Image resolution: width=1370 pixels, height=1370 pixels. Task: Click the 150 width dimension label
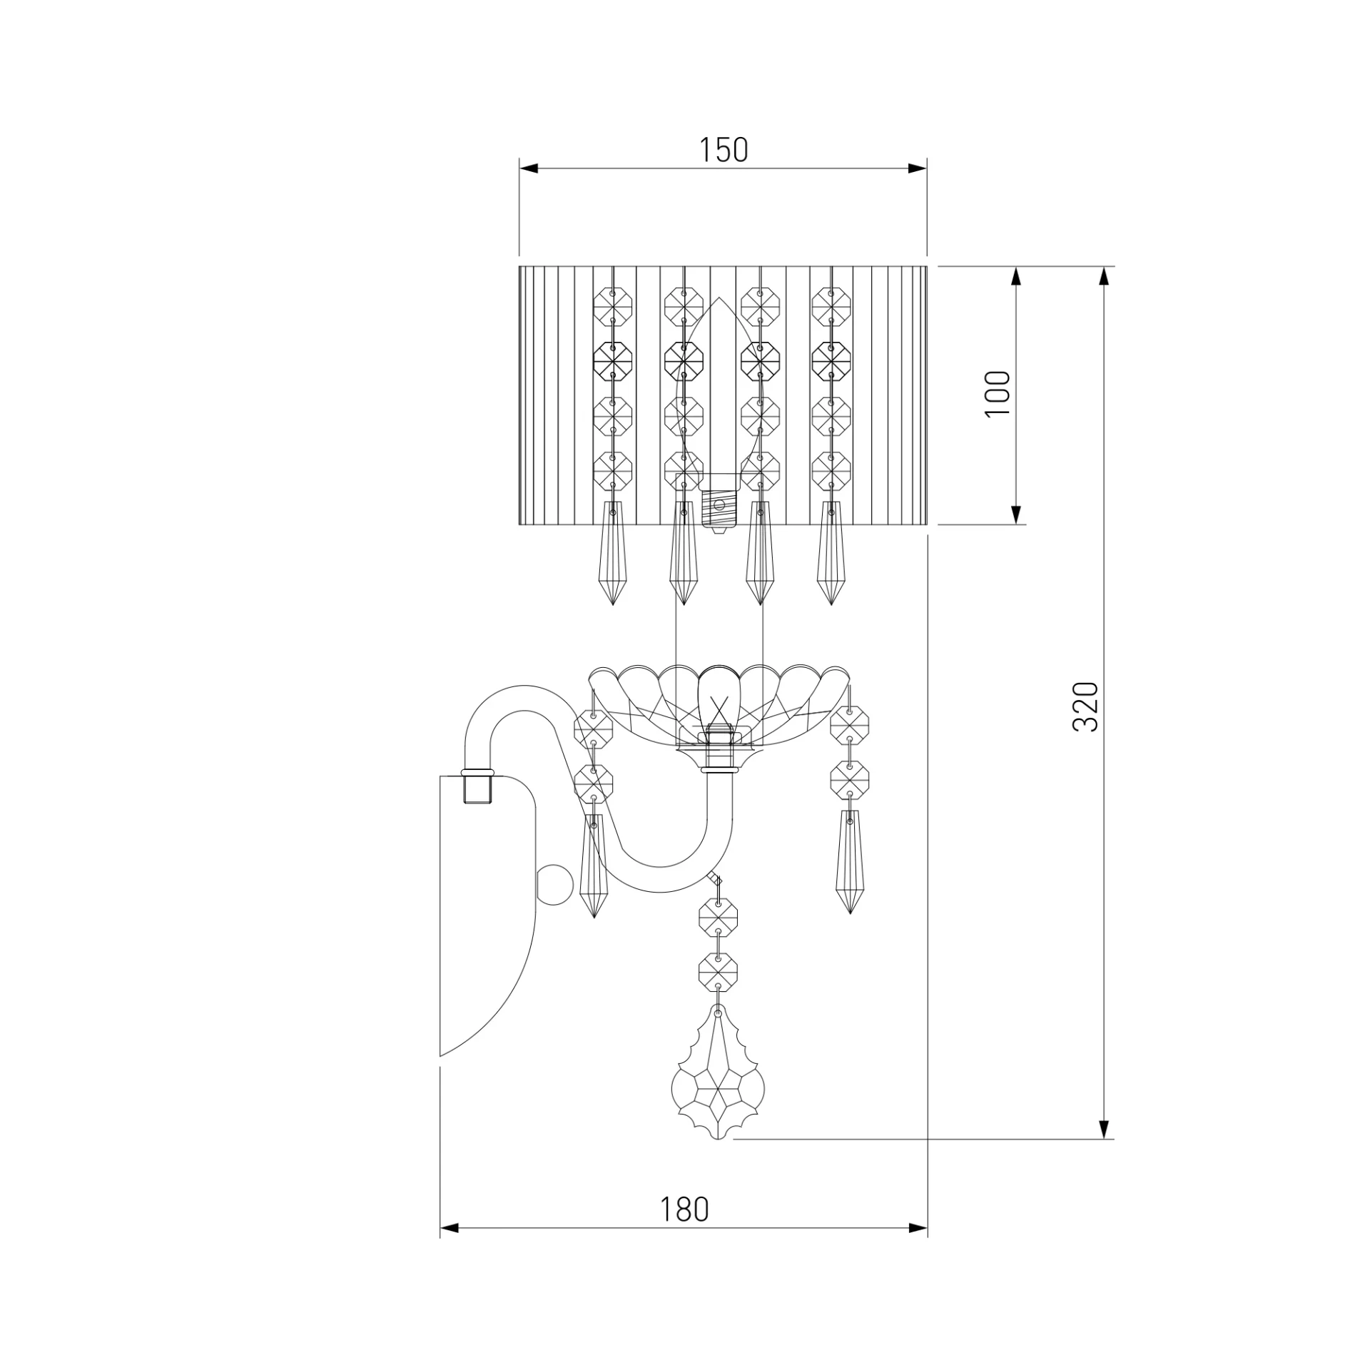(x=723, y=150)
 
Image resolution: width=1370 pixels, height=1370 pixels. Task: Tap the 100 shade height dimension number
(x=998, y=395)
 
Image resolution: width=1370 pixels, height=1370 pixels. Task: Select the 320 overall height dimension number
(x=1086, y=706)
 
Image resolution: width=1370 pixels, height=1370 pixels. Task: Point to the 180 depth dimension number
(x=684, y=1209)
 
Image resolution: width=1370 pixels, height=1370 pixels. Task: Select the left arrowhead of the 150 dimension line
(x=529, y=169)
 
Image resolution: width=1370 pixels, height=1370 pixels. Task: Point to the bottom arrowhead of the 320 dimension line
(x=1104, y=1129)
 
